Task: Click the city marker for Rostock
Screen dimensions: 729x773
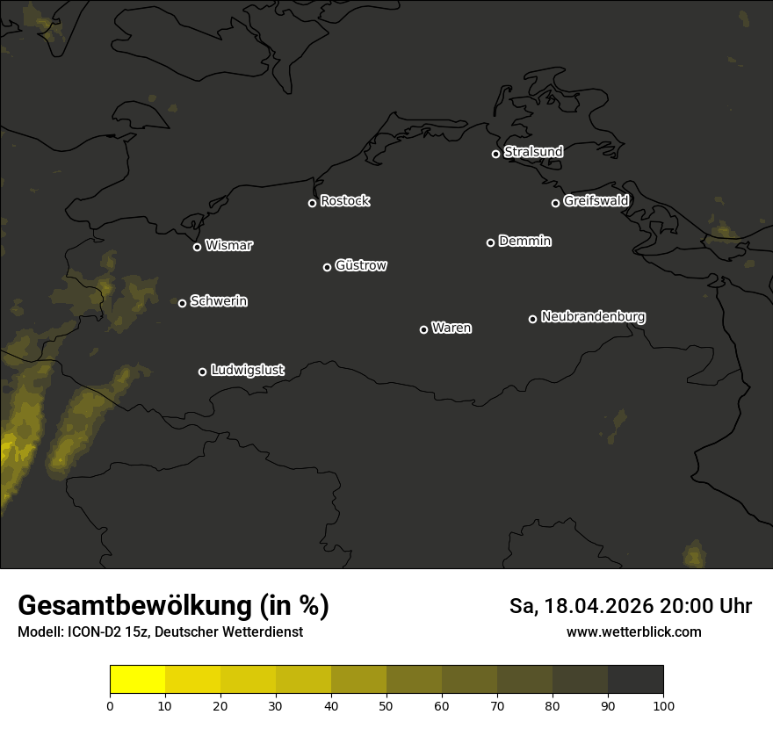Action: click(312, 203)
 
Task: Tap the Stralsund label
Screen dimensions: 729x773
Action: click(533, 152)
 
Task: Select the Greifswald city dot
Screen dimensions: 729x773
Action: click(555, 203)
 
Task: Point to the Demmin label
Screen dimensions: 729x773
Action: click(524, 241)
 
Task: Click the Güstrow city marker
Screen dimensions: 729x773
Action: click(327, 267)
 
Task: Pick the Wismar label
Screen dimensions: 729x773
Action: click(228, 246)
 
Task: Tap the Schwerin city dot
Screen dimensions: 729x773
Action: click(182, 303)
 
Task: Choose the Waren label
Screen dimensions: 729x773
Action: click(452, 328)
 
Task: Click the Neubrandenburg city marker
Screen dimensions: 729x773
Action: click(532, 319)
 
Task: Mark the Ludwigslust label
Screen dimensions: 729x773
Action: click(247, 371)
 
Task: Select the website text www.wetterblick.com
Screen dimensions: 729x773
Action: click(633, 632)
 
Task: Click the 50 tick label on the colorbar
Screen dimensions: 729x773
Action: click(386, 705)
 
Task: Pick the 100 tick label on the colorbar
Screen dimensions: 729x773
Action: click(663, 705)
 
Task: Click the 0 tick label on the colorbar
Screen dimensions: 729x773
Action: click(110, 705)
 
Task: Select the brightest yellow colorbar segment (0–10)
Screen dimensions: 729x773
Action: click(138, 680)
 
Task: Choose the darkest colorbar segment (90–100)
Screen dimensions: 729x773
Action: click(635, 680)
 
